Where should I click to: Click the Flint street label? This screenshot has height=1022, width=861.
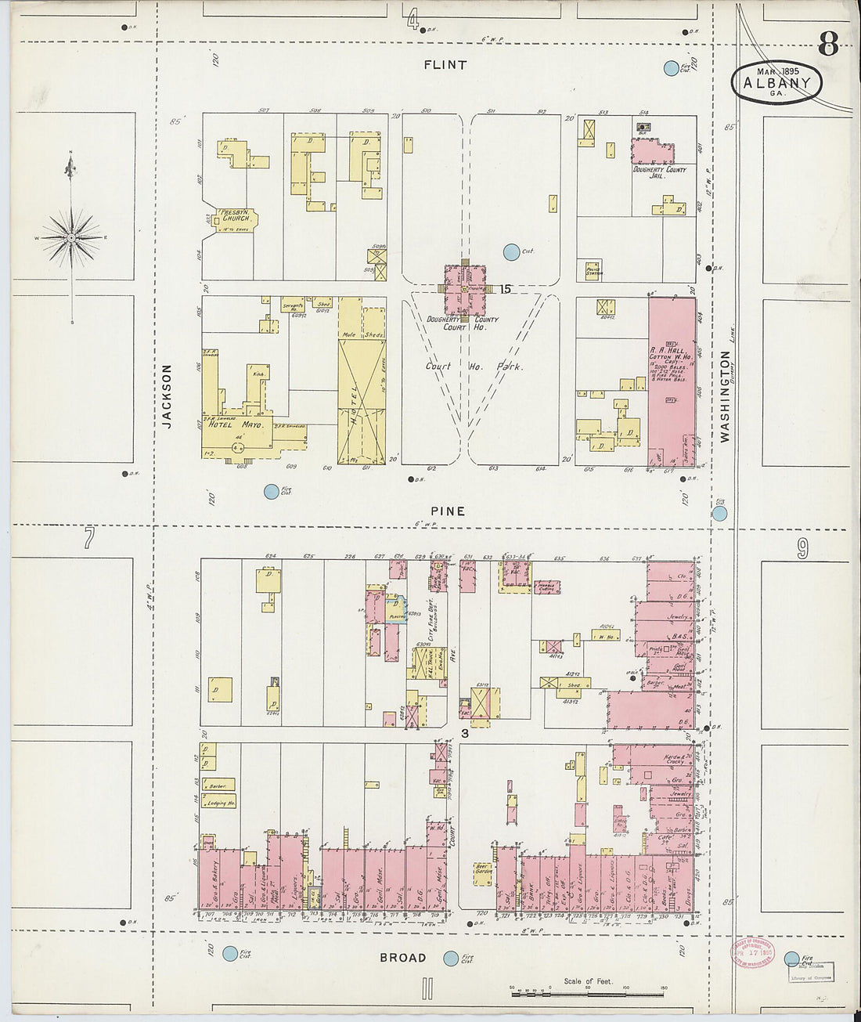[445, 65]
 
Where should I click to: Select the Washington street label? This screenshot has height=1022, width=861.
[725, 396]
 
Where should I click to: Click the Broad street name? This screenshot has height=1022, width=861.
[403, 957]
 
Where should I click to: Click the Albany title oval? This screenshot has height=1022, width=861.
[777, 82]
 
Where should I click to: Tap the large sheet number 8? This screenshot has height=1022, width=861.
[828, 45]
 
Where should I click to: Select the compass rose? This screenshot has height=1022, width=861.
[71, 237]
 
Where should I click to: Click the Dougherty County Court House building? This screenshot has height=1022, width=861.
[464, 290]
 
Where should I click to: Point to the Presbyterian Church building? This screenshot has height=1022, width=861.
[232, 220]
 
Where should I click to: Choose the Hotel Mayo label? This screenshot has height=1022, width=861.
[240, 424]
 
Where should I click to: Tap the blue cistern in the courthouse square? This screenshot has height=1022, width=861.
[511, 252]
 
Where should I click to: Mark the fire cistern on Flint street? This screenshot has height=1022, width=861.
[671, 68]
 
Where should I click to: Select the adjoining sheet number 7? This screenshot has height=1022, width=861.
[88, 538]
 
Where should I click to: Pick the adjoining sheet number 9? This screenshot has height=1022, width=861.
[803, 549]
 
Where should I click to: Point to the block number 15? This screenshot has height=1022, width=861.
[505, 289]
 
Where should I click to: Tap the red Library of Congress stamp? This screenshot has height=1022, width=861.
[751, 952]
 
